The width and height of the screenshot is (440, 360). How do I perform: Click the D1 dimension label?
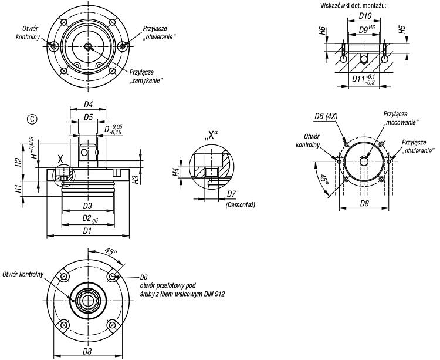[87, 231]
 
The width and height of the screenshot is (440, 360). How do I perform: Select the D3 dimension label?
[87, 206]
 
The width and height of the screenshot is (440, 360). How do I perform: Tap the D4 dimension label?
[89, 105]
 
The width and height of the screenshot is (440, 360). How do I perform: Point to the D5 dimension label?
[89, 117]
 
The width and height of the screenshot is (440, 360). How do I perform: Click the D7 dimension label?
[232, 194]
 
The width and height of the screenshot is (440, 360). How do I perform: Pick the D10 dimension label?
[365, 16]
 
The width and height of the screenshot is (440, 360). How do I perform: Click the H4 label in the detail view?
[176, 171]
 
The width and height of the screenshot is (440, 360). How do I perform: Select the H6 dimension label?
[323, 31]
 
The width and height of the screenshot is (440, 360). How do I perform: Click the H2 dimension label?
[18, 162]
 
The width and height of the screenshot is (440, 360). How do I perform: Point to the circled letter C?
[32, 119]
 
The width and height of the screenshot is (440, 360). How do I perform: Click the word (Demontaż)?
[240, 205]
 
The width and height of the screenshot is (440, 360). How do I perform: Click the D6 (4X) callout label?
[326, 116]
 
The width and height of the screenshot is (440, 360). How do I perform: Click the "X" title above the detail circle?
[211, 136]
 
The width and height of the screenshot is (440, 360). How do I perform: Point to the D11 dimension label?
[359, 79]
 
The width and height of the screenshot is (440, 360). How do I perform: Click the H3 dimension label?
[136, 180]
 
